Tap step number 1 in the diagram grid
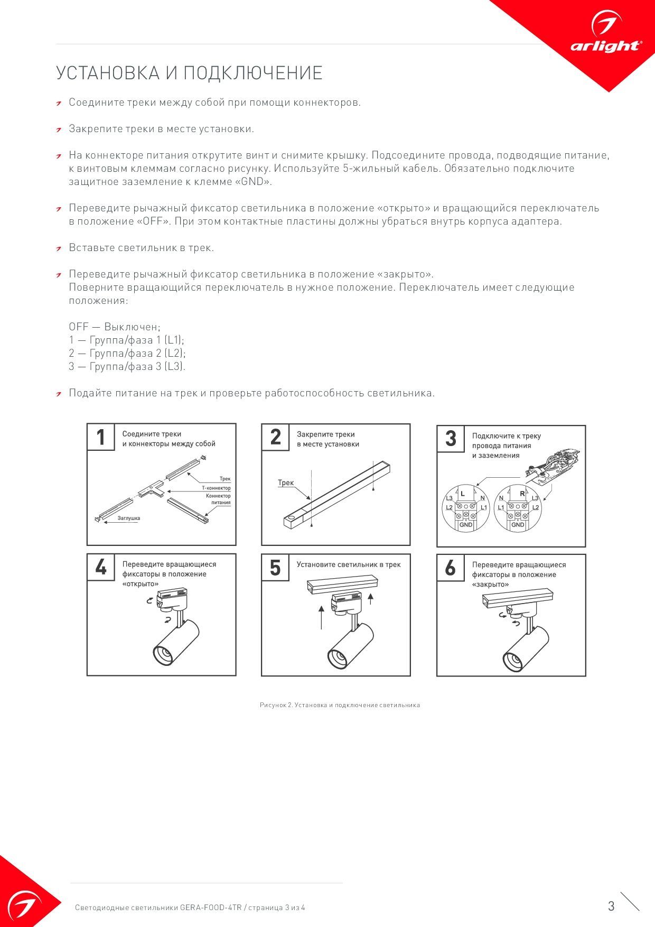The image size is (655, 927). (101, 438)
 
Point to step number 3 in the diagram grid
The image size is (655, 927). (451, 439)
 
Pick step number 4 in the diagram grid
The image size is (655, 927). (101, 568)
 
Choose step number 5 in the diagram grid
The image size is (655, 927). (275, 568)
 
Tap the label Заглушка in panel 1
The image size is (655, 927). (129, 518)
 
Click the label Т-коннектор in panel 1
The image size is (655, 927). (216, 488)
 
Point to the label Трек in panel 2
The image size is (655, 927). (286, 483)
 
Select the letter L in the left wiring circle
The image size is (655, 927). (463, 494)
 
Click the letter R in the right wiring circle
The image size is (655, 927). (522, 494)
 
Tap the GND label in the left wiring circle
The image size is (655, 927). (466, 525)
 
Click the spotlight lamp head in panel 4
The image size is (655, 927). (176, 642)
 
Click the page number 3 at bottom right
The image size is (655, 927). (611, 906)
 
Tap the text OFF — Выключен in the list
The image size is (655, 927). (115, 327)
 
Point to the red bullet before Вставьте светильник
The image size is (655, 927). (60, 248)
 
